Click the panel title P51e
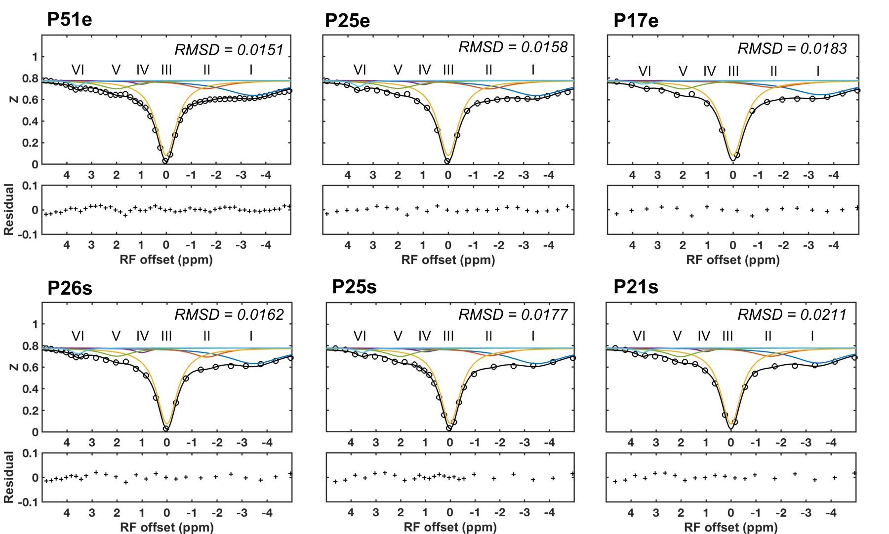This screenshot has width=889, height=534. pos(69,20)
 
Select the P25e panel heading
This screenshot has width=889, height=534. pos(347,21)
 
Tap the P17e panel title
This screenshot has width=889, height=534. pos(636,21)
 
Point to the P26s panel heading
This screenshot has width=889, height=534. pos(70,288)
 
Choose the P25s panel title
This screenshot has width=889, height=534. pos(354,287)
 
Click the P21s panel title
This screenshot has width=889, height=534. pos(636,287)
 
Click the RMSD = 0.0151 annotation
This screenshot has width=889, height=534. pos(229,50)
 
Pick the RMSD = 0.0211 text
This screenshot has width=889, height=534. pos(792,315)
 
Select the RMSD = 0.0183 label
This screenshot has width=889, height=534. pos(792,48)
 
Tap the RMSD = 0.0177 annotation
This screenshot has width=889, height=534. pos(513,315)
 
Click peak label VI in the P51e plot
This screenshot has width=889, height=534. pos(78,70)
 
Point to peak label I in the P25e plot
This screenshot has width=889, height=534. pos(533,70)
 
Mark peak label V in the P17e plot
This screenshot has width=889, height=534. pos(683,72)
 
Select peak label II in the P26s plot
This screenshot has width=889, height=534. pos(206,336)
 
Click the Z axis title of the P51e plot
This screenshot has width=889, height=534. pos(14,99)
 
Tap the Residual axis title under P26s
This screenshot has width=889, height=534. pos(8,477)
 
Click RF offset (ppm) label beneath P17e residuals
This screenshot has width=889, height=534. pos(733,260)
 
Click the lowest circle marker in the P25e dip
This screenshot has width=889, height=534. pos(447,161)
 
